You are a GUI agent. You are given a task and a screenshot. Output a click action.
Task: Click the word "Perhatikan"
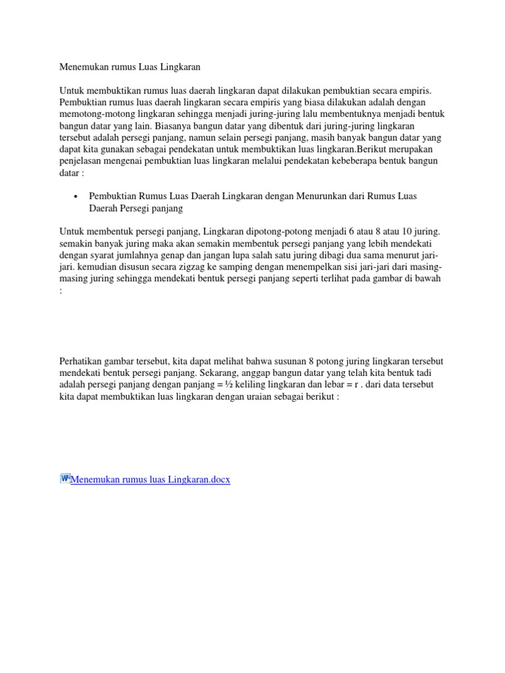pyautogui.click(x=81, y=362)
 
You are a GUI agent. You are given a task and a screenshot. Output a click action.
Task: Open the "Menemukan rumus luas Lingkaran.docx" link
pyautogui.click(x=150, y=480)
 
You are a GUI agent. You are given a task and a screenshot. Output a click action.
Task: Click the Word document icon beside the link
pyautogui.click(x=64, y=478)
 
